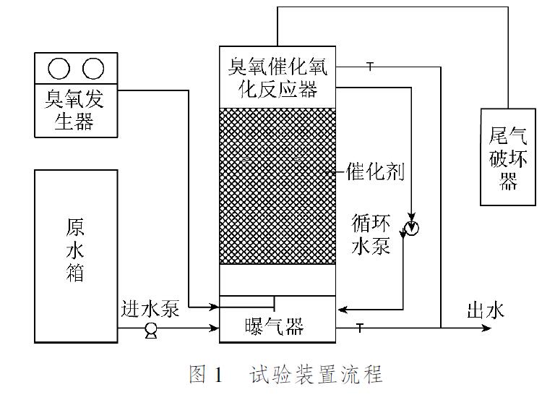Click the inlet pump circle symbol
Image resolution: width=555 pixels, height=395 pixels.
(152, 330)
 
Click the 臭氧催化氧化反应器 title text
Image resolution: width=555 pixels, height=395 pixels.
(278, 80)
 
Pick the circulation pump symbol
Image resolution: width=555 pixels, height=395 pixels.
(413, 229)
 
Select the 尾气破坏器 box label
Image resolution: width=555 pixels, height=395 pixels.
(509, 157)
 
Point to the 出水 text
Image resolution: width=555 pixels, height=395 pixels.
(485, 311)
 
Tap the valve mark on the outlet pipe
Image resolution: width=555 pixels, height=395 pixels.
(360, 328)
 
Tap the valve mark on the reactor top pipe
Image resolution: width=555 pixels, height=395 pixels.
(369, 67)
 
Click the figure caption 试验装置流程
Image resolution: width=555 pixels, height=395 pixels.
(317, 375)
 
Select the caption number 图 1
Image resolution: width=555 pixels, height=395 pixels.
(207, 375)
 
